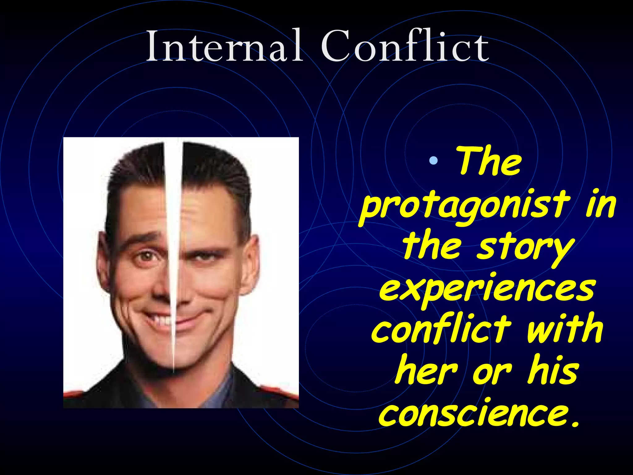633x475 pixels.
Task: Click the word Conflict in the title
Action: (405, 46)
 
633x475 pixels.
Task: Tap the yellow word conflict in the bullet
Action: (441, 329)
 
